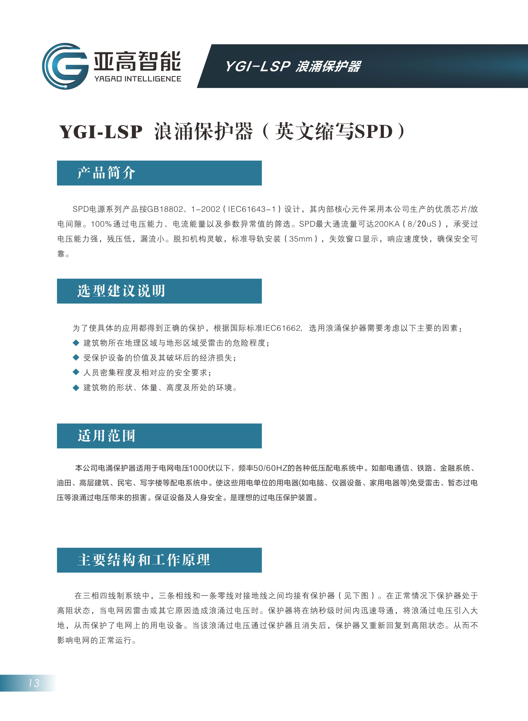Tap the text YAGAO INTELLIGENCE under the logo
point(137,79)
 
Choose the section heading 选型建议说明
point(121,291)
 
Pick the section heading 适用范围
point(106,436)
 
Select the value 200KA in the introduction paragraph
point(387,224)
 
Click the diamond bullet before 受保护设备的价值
point(76,358)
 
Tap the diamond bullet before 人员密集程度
point(76,372)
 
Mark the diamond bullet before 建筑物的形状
point(76,387)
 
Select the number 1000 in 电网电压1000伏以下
point(198,468)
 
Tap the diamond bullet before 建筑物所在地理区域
point(76,343)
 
